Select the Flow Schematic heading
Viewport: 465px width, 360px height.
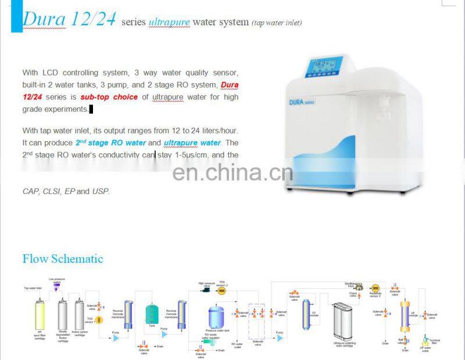[x=63, y=258]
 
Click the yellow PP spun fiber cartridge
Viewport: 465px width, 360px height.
[x=41, y=316]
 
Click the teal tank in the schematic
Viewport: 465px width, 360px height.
[x=152, y=313]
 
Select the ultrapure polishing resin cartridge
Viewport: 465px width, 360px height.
[x=342, y=320]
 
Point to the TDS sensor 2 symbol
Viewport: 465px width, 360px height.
[x=221, y=291]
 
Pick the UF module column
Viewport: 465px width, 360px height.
[x=405, y=316]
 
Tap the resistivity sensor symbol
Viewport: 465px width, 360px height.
[x=375, y=289]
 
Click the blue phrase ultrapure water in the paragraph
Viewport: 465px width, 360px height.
[x=192, y=143]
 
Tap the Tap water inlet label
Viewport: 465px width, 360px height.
[x=33, y=288]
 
